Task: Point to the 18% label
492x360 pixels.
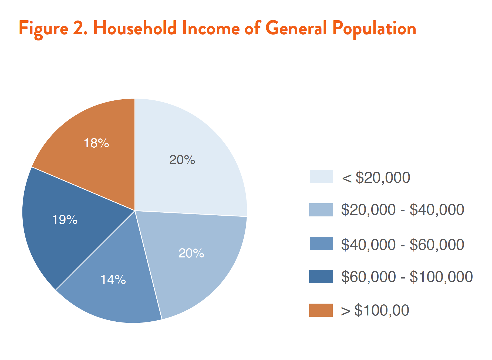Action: point(96,143)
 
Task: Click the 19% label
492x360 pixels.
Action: point(65,220)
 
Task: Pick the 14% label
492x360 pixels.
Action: point(113,280)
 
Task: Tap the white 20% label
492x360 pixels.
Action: point(191,253)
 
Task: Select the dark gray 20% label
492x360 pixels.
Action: point(182,160)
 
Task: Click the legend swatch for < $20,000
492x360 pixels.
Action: point(321,176)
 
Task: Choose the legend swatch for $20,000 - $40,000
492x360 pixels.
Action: point(321,210)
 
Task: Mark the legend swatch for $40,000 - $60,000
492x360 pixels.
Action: point(321,243)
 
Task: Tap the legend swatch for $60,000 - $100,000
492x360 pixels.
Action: point(321,277)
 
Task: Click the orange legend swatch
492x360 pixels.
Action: point(321,310)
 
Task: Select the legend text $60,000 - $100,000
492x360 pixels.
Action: point(407,277)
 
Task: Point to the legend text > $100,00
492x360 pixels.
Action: point(375,310)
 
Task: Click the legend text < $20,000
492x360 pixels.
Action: point(376,178)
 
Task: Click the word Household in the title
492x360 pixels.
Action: point(135,28)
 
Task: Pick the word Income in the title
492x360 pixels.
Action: point(211,28)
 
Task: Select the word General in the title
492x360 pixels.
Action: point(296,28)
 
